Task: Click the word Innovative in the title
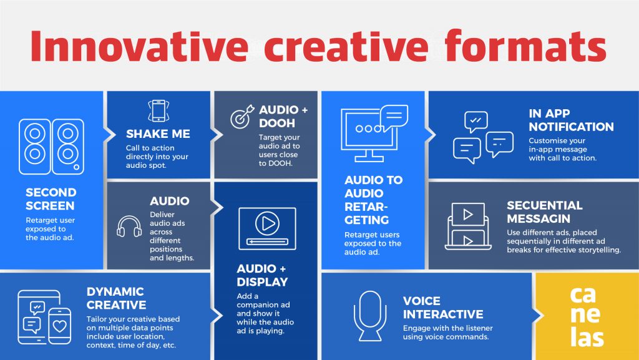(x=139, y=46)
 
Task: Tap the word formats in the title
(x=525, y=45)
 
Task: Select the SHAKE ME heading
(x=158, y=134)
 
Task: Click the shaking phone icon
(x=159, y=110)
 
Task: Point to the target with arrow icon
(x=243, y=117)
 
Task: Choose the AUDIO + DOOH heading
(x=283, y=117)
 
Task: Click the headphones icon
(x=129, y=226)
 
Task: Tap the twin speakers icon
(x=51, y=147)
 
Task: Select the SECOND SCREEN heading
(x=51, y=199)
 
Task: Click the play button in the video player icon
(x=267, y=223)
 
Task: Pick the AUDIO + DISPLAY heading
(x=263, y=275)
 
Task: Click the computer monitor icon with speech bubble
(x=374, y=133)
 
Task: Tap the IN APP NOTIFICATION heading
(x=572, y=120)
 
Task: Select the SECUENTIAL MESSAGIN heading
(x=545, y=212)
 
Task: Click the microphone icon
(x=370, y=316)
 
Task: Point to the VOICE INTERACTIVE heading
(x=443, y=308)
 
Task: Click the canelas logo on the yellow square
(x=586, y=316)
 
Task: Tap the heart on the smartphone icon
(x=60, y=326)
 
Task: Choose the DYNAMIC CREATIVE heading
(x=117, y=298)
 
